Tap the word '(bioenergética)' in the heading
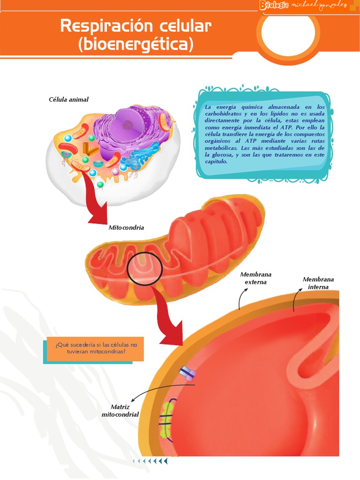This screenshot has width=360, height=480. (136, 45)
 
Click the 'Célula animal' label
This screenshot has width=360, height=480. (68, 99)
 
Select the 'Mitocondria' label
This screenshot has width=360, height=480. (126, 228)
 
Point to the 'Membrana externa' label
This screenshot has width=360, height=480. (255, 278)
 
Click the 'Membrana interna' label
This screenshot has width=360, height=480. (318, 283)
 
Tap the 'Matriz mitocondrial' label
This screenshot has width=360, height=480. (120, 411)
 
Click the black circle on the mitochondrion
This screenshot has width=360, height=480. (145, 269)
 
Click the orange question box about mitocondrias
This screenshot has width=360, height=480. (95, 348)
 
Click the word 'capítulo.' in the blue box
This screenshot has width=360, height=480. (216, 161)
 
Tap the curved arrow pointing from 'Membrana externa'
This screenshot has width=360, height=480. (243, 298)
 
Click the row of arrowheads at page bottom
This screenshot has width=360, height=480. (150, 461)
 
